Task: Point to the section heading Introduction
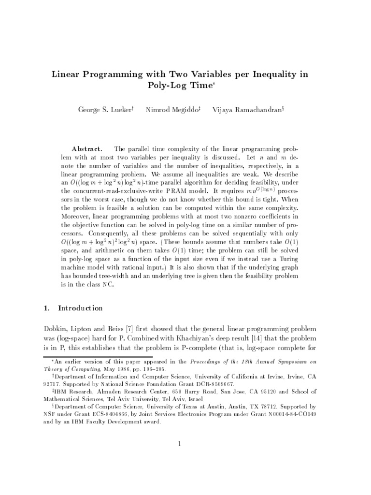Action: (x=80, y=308)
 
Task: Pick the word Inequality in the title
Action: (x=277, y=74)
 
